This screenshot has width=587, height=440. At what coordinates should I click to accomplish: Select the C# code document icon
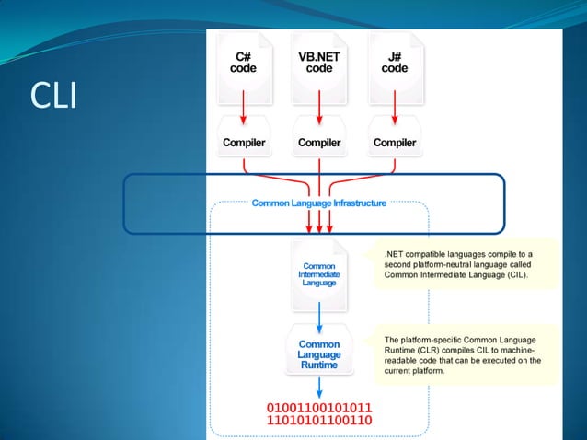click(x=243, y=64)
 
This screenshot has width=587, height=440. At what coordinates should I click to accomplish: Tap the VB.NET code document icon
click(x=318, y=64)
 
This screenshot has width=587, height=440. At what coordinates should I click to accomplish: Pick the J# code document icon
click(x=394, y=64)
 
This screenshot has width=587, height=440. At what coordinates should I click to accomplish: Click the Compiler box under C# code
click(x=244, y=143)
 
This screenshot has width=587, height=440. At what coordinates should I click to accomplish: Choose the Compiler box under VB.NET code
click(x=318, y=143)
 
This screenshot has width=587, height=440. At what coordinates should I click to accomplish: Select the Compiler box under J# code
click(x=394, y=143)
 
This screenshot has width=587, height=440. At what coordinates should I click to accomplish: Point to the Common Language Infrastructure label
click(x=318, y=203)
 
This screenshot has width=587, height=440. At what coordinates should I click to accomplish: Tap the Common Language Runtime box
click(x=318, y=353)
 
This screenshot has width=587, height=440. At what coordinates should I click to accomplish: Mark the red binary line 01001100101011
click(x=319, y=407)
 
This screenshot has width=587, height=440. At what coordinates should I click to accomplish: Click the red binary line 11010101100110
click(x=319, y=422)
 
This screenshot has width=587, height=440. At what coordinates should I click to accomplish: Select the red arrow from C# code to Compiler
click(x=243, y=111)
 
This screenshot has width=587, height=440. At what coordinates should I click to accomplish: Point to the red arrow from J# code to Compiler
click(x=394, y=111)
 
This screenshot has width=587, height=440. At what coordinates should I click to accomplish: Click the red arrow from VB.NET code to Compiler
click(x=318, y=111)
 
